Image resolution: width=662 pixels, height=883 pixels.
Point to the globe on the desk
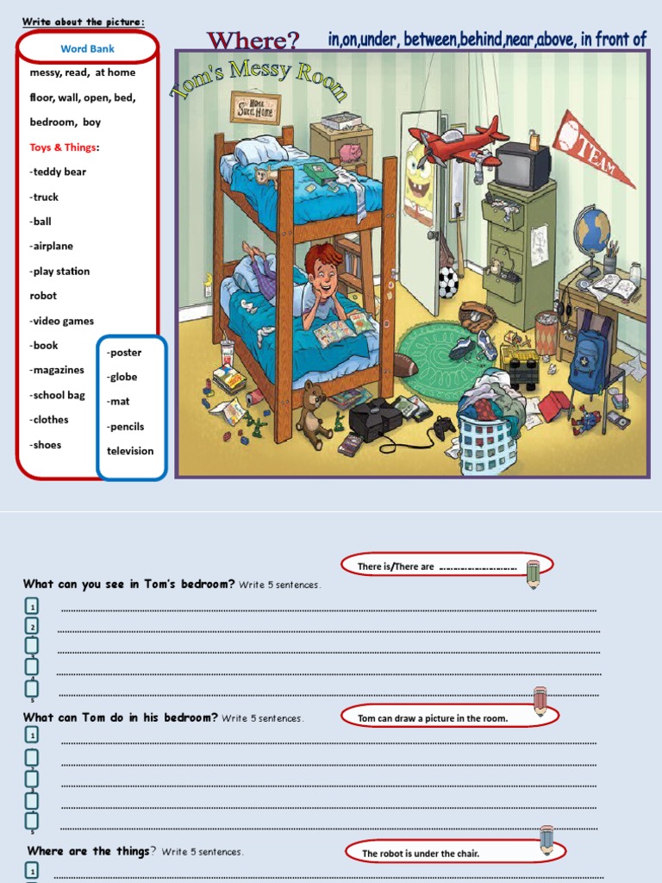tap(591, 227)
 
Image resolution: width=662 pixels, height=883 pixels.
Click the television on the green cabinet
tap(521, 165)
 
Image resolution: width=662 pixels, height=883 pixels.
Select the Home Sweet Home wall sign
tap(255, 108)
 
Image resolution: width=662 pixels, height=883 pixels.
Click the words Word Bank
tap(87, 48)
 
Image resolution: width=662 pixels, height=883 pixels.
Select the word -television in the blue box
tap(130, 451)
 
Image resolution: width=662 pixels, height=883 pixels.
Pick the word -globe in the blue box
tap(122, 377)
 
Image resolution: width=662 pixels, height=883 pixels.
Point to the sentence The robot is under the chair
tap(420, 854)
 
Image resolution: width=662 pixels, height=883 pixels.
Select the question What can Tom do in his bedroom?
tap(120, 717)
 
